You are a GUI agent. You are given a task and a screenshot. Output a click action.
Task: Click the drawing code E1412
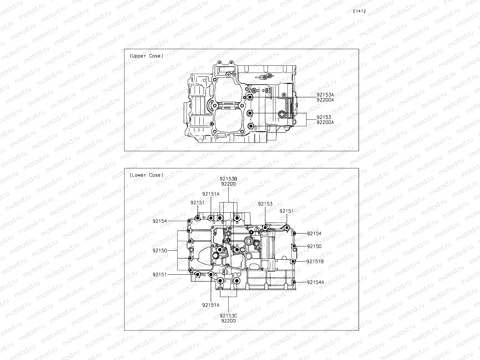click(x=359, y=11)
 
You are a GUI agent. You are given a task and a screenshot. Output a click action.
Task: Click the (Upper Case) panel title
click(x=147, y=56)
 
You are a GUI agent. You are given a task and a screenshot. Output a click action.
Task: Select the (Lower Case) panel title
click(x=147, y=175)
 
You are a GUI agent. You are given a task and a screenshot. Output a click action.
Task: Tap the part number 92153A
click(x=325, y=95)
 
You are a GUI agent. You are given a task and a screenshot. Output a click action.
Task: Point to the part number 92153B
click(x=228, y=179)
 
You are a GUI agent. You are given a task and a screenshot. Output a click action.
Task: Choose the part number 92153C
click(x=228, y=316)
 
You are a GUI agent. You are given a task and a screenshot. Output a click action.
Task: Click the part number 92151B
click(x=315, y=261)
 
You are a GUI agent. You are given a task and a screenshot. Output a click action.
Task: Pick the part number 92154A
click(x=315, y=282)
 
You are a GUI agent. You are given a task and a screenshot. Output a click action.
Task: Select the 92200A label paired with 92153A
click(x=325, y=100)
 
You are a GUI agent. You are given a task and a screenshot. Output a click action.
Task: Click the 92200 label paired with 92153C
click(x=228, y=321)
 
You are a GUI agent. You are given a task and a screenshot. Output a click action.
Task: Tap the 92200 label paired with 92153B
click(x=228, y=184)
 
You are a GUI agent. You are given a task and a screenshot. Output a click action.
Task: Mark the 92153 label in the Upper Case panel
click(x=324, y=117)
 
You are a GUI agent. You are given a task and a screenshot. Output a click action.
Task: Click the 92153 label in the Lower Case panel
click(x=265, y=204)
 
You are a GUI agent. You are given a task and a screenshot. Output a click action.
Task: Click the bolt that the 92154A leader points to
click(x=294, y=282)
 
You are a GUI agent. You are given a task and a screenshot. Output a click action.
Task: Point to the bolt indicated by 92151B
click(x=293, y=262)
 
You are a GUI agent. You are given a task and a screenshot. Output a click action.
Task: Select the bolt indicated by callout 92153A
click(x=250, y=97)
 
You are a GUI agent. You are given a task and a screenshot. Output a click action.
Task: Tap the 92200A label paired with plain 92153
click(x=325, y=122)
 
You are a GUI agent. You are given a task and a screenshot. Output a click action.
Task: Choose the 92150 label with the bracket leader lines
click(x=160, y=250)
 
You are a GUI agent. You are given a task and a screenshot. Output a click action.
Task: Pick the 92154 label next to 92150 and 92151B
click(x=314, y=233)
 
